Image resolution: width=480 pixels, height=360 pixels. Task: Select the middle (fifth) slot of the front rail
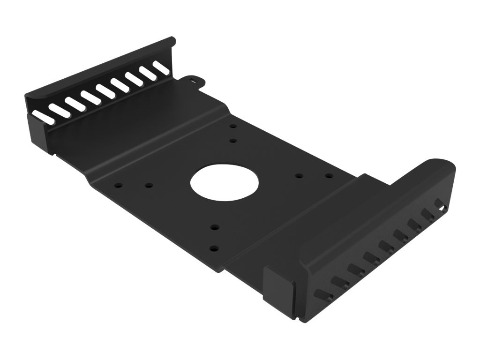pyautogui.click(x=385, y=245)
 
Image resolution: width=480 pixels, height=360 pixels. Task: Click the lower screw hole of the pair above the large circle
pyautogui.click(x=233, y=140)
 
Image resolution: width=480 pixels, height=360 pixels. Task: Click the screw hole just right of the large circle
pyautogui.click(x=299, y=176)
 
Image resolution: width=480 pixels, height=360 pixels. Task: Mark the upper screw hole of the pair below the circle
pyautogui.click(x=213, y=227)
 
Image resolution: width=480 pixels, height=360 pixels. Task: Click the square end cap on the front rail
pyautogui.click(x=280, y=283)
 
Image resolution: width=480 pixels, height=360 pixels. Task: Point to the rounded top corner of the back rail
pyautogui.click(x=171, y=41)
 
